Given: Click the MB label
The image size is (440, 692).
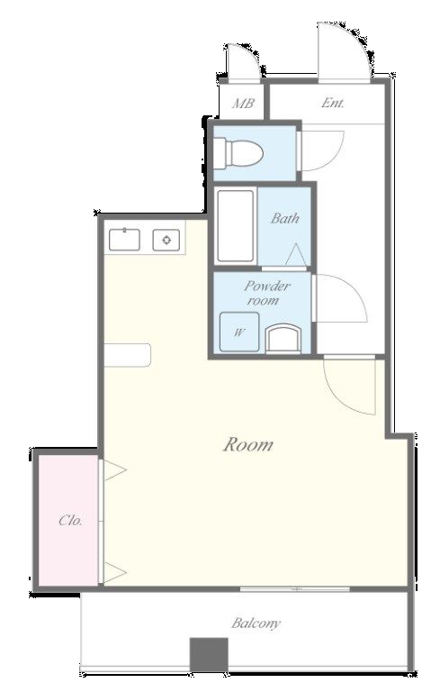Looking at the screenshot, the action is (243, 104).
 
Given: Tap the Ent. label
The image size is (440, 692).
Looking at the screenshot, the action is (332, 103).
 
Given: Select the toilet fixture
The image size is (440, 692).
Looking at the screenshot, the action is (238, 153).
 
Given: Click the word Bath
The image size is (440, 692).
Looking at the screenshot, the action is (285, 217).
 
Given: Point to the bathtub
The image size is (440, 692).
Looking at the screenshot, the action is (236, 226).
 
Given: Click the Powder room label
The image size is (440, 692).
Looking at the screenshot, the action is (266, 293).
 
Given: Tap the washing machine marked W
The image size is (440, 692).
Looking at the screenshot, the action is (239, 332).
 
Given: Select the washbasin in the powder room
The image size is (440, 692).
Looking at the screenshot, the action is (283, 339).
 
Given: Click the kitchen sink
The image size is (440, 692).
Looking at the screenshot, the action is (124, 240).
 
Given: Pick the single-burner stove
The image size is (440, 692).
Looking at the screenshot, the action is (166, 240).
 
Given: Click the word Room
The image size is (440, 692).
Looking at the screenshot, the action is (248, 444).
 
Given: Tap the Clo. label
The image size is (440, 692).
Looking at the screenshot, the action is (70, 520).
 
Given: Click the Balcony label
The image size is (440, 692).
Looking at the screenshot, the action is (256, 624).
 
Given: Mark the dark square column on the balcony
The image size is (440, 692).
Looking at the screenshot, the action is (209, 654).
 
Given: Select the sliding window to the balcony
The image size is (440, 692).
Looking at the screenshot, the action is (295, 589).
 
